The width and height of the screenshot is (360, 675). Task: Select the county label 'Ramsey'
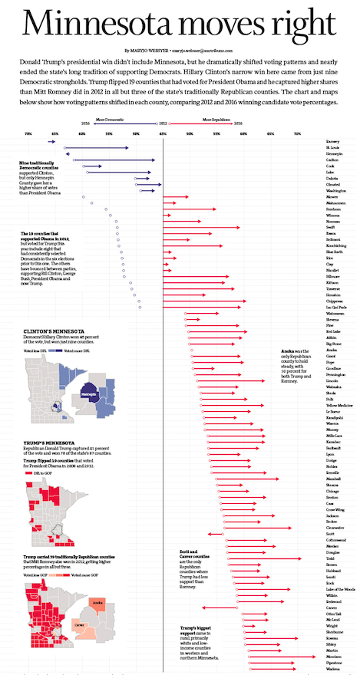(333, 142)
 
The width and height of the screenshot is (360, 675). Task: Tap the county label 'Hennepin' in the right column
(335, 153)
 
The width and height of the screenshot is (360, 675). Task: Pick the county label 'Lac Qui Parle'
(336, 307)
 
